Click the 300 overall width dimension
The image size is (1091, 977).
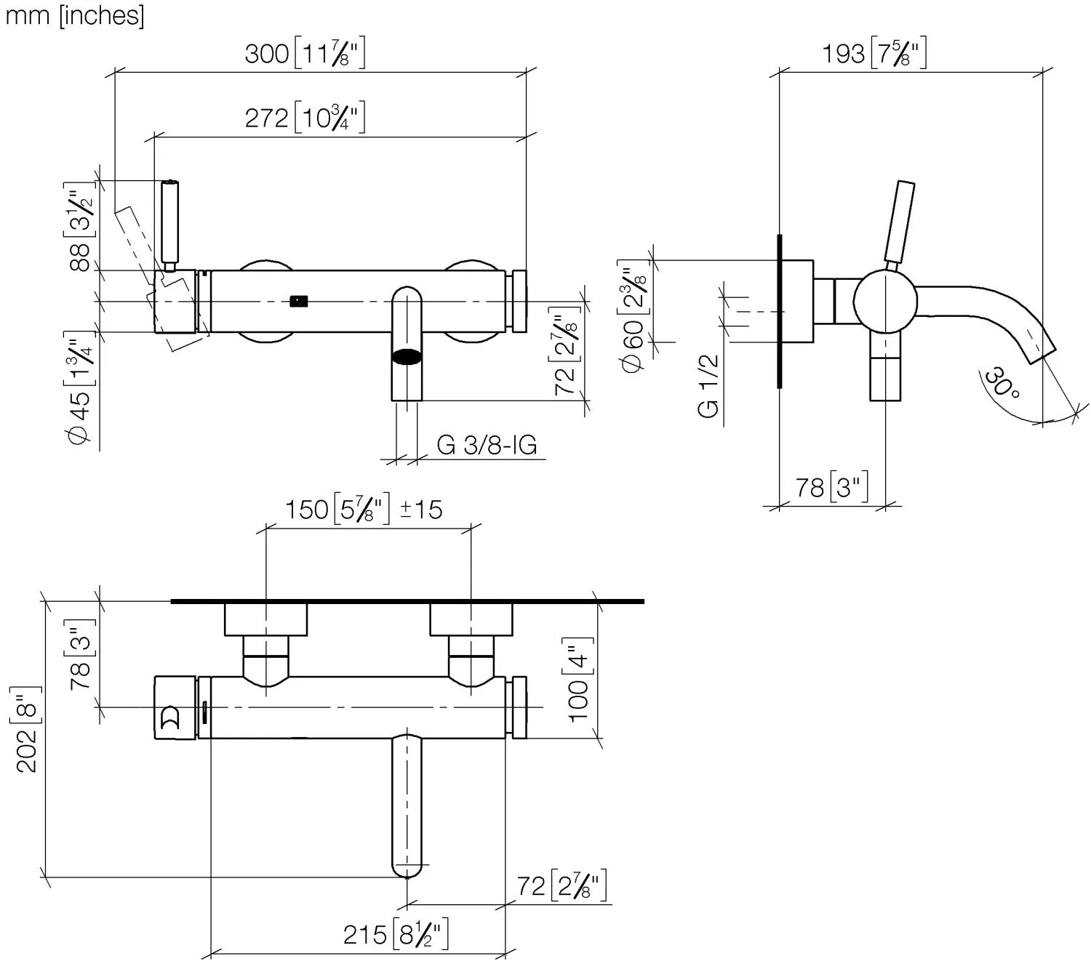click(305, 54)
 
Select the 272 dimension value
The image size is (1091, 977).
click(305, 117)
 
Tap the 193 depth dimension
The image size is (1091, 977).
click(874, 53)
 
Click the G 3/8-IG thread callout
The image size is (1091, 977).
click(487, 445)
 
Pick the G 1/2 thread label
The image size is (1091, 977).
click(708, 385)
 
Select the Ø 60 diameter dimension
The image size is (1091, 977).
click(634, 316)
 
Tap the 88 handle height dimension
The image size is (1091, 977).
click(80, 227)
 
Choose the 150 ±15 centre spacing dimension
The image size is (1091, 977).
click(364, 510)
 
